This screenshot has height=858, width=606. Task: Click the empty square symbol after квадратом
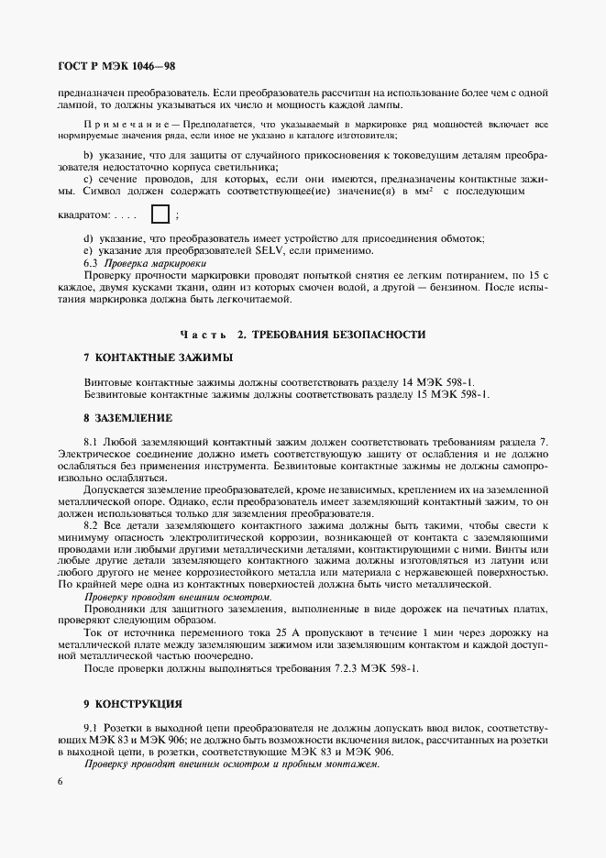(x=160, y=215)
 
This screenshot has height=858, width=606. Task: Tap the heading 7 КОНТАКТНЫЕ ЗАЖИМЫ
(x=158, y=357)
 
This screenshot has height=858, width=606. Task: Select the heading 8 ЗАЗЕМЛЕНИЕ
(x=127, y=417)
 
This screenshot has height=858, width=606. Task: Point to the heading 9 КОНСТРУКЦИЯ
(x=132, y=704)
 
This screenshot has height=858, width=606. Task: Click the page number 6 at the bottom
(x=60, y=782)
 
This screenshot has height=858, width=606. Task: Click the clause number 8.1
(x=91, y=442)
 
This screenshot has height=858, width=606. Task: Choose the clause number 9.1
(x=91, y=729)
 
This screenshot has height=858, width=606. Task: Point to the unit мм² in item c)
(x=424, y=192)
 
